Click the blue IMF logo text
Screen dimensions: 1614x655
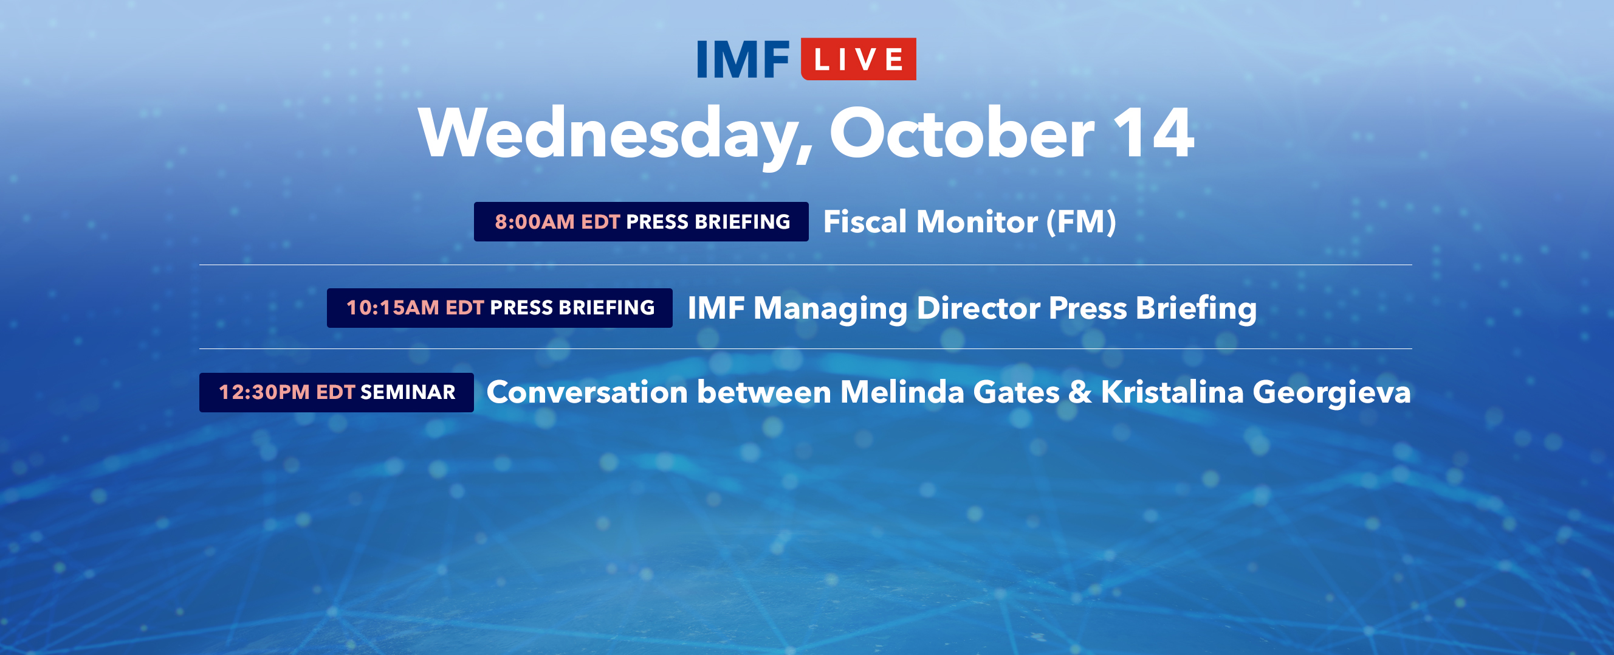[743, 60]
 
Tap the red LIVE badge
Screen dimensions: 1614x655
[859, 59]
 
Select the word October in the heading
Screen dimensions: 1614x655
[962, 133]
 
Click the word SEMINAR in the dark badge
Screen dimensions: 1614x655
[408, 392]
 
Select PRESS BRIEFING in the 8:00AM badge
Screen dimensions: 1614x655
[708, 222]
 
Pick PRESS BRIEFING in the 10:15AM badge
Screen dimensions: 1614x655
[572, 308]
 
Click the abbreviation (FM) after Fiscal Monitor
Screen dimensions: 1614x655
[1082, 223]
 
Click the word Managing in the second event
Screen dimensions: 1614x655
[830, 309]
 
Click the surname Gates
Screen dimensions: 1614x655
[1016, 392]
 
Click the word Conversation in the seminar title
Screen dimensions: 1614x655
[587, 392]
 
